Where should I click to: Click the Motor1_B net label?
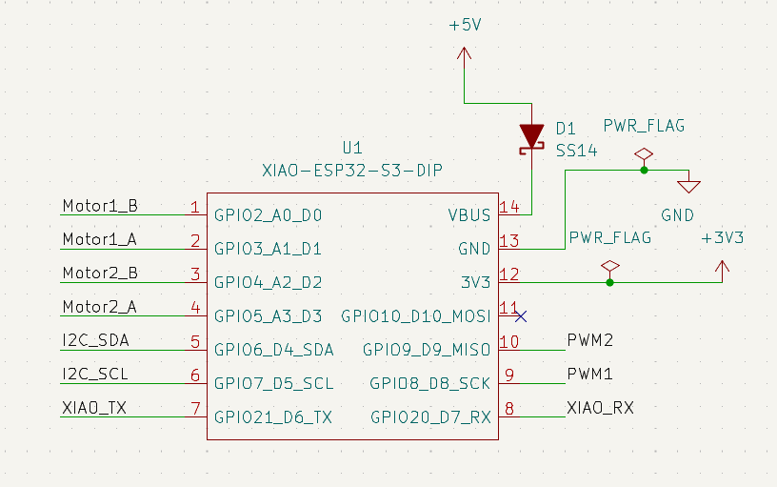(x=99, y=205)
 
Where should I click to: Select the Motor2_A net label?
(x=99, y=307)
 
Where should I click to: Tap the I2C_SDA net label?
(x=94, y=340)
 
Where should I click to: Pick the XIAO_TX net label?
(x=94, y=408)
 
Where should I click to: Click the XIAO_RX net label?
(x=600, y=408)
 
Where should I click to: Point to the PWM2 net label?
(x=589, y=340)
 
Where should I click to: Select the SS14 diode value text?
(x=577, y=150)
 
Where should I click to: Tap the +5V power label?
(x=465, y=27)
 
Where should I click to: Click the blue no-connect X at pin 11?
(x=519, y=316)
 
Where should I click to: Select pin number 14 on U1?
(x=509, y=206)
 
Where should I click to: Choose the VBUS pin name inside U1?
(x=469, y=215)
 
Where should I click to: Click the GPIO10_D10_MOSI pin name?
(x=416, y=316)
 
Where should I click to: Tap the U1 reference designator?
(x=352, y=149)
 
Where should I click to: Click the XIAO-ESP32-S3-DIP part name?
(x=352, y=171)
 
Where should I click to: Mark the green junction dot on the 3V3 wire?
(x=610, y=282)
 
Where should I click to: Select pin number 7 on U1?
(x=195, y=409)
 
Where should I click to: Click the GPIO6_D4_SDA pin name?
(x=273, y=350)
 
